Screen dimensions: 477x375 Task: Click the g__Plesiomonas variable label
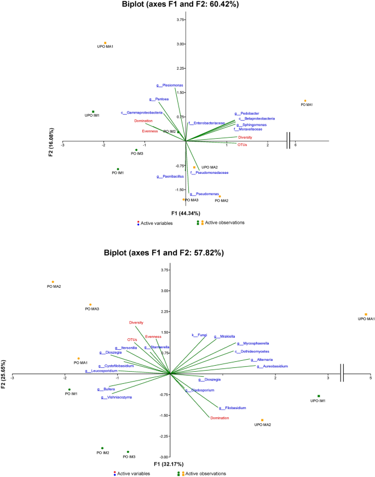click(170, 86)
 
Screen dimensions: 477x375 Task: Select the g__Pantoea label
click(159, 99)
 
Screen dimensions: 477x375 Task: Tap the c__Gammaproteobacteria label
click(142, 113)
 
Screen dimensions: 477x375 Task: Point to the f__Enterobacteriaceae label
click(207, 123)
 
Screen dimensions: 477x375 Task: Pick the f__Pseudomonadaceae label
click(209, 173)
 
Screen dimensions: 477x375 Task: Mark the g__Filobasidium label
click(232, 408)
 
